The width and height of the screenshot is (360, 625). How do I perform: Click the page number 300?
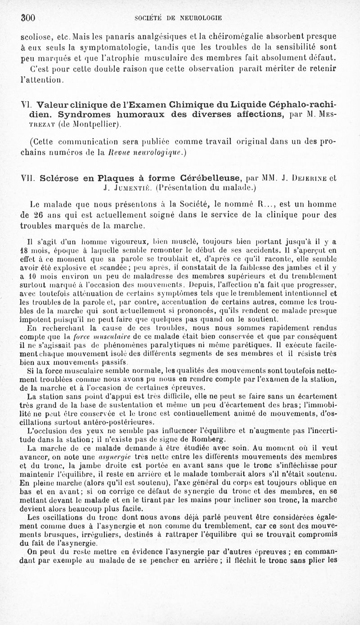[x=27, y=18]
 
